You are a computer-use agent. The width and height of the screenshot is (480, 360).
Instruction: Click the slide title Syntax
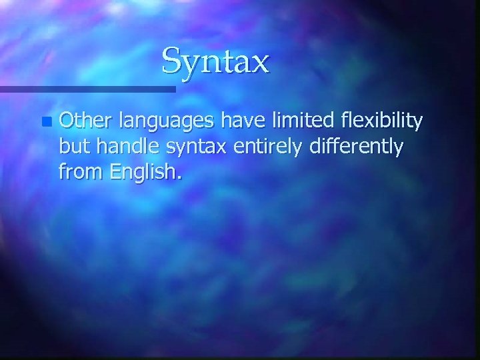click(x=215, y=62)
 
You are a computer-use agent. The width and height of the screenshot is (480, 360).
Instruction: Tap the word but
click(x=73, y=147)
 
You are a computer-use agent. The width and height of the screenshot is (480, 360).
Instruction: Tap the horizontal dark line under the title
click(x=87, y=88)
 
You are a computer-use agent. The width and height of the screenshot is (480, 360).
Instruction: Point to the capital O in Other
click(x=67, y=121)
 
